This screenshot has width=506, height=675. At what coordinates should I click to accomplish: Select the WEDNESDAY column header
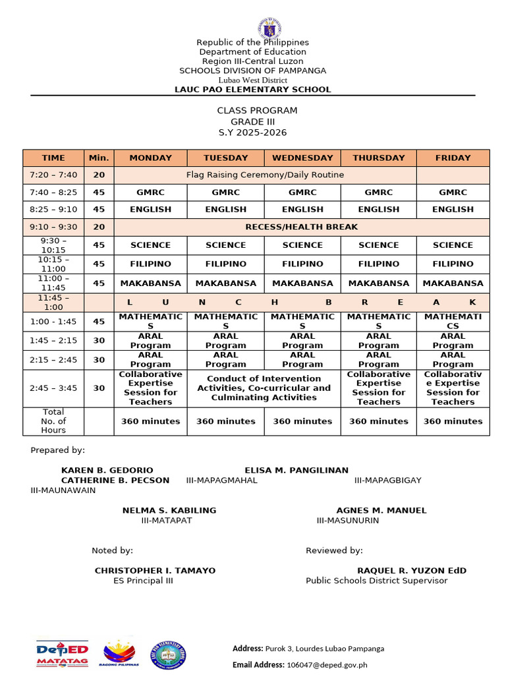[x=302, y=158]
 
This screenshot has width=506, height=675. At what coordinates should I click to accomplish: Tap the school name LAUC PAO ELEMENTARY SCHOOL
[x=252, y=90]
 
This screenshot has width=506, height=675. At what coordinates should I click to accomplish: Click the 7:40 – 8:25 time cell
[x=53, y=192]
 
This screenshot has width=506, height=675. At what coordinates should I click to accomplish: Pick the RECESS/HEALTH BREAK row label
[x=301, y=227]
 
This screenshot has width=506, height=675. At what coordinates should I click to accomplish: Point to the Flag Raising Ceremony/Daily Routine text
[x=265, y=175]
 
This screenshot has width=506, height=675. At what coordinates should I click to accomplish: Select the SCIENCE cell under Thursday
[x=378, y=245]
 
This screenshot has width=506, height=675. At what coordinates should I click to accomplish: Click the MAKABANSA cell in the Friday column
[x=453, y=283]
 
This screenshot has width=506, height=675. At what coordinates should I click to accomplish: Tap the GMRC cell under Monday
[x=150, y=192]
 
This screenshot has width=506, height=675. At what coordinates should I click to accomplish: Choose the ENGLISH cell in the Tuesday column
[x=225, y=210]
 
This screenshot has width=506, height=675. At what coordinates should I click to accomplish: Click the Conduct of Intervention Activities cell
[x=264, y=388]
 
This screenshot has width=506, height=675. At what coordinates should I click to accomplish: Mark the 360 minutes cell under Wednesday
[x=302, y=421]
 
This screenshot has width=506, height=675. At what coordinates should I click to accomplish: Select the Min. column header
[x=99, y=158]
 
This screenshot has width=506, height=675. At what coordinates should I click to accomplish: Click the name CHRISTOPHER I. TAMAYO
[x=155, y=571]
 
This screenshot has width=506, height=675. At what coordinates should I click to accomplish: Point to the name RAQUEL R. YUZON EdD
[x=411, y=571]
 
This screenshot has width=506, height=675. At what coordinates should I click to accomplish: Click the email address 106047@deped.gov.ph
[x=327, y=665]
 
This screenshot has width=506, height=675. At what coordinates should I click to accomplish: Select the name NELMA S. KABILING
[x=169, y=511]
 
